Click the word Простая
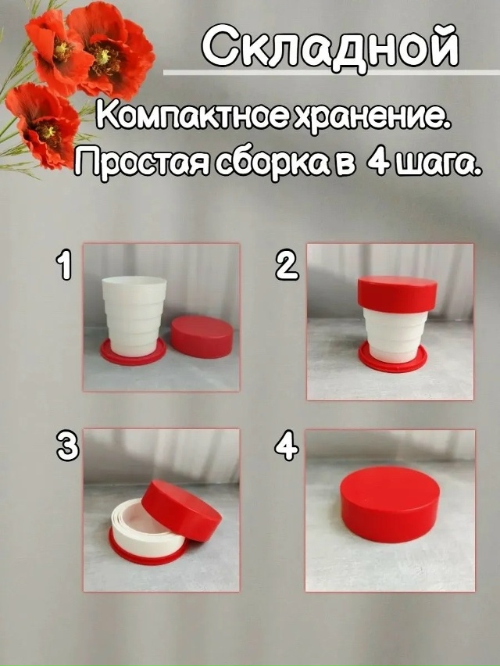(141, 163)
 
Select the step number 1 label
(66, 263)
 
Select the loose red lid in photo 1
(202, 335)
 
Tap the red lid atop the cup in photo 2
(398, 294)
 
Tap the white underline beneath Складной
(331, 72)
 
